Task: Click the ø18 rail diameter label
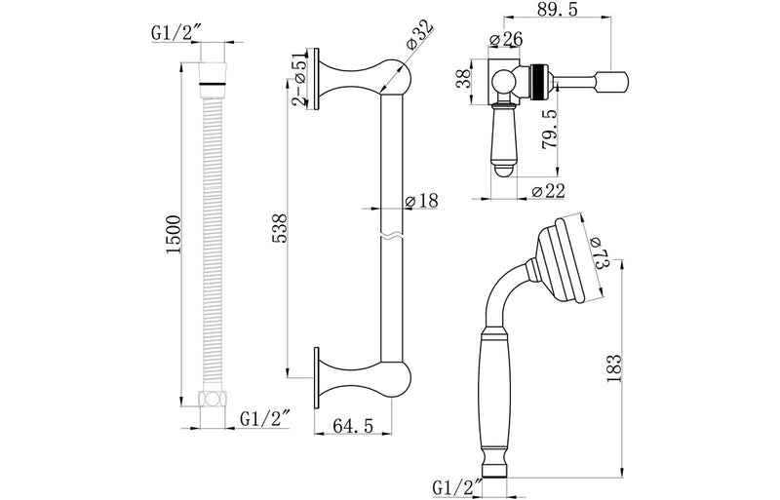421,200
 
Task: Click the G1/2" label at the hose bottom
263,418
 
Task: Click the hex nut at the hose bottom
211,398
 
